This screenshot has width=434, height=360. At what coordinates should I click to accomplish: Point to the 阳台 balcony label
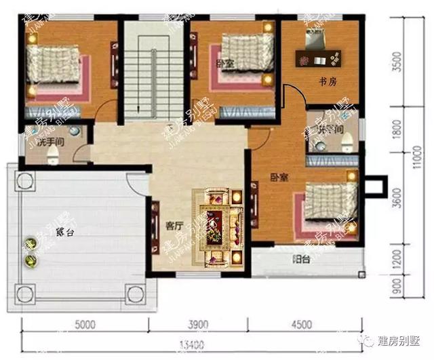click(x=302, y=258)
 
